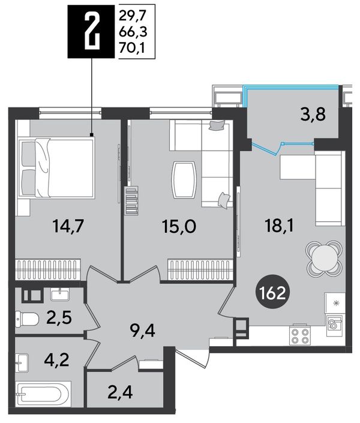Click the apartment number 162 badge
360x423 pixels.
click(272, 293)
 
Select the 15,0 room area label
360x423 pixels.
click(179, 227)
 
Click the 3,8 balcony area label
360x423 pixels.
click(313, 115)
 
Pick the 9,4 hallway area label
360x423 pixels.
click(142, 330)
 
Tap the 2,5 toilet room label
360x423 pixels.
click(59, 317)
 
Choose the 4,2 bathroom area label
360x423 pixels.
click(57, 359)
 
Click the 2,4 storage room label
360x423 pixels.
click(120, 392)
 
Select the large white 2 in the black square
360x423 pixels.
click(92, 32)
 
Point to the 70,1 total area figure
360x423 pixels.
click(132, 48)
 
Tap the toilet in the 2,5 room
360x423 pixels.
click(27, 319)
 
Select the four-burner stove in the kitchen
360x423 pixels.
click(299, 335)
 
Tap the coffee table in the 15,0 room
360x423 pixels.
click(184, 180)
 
